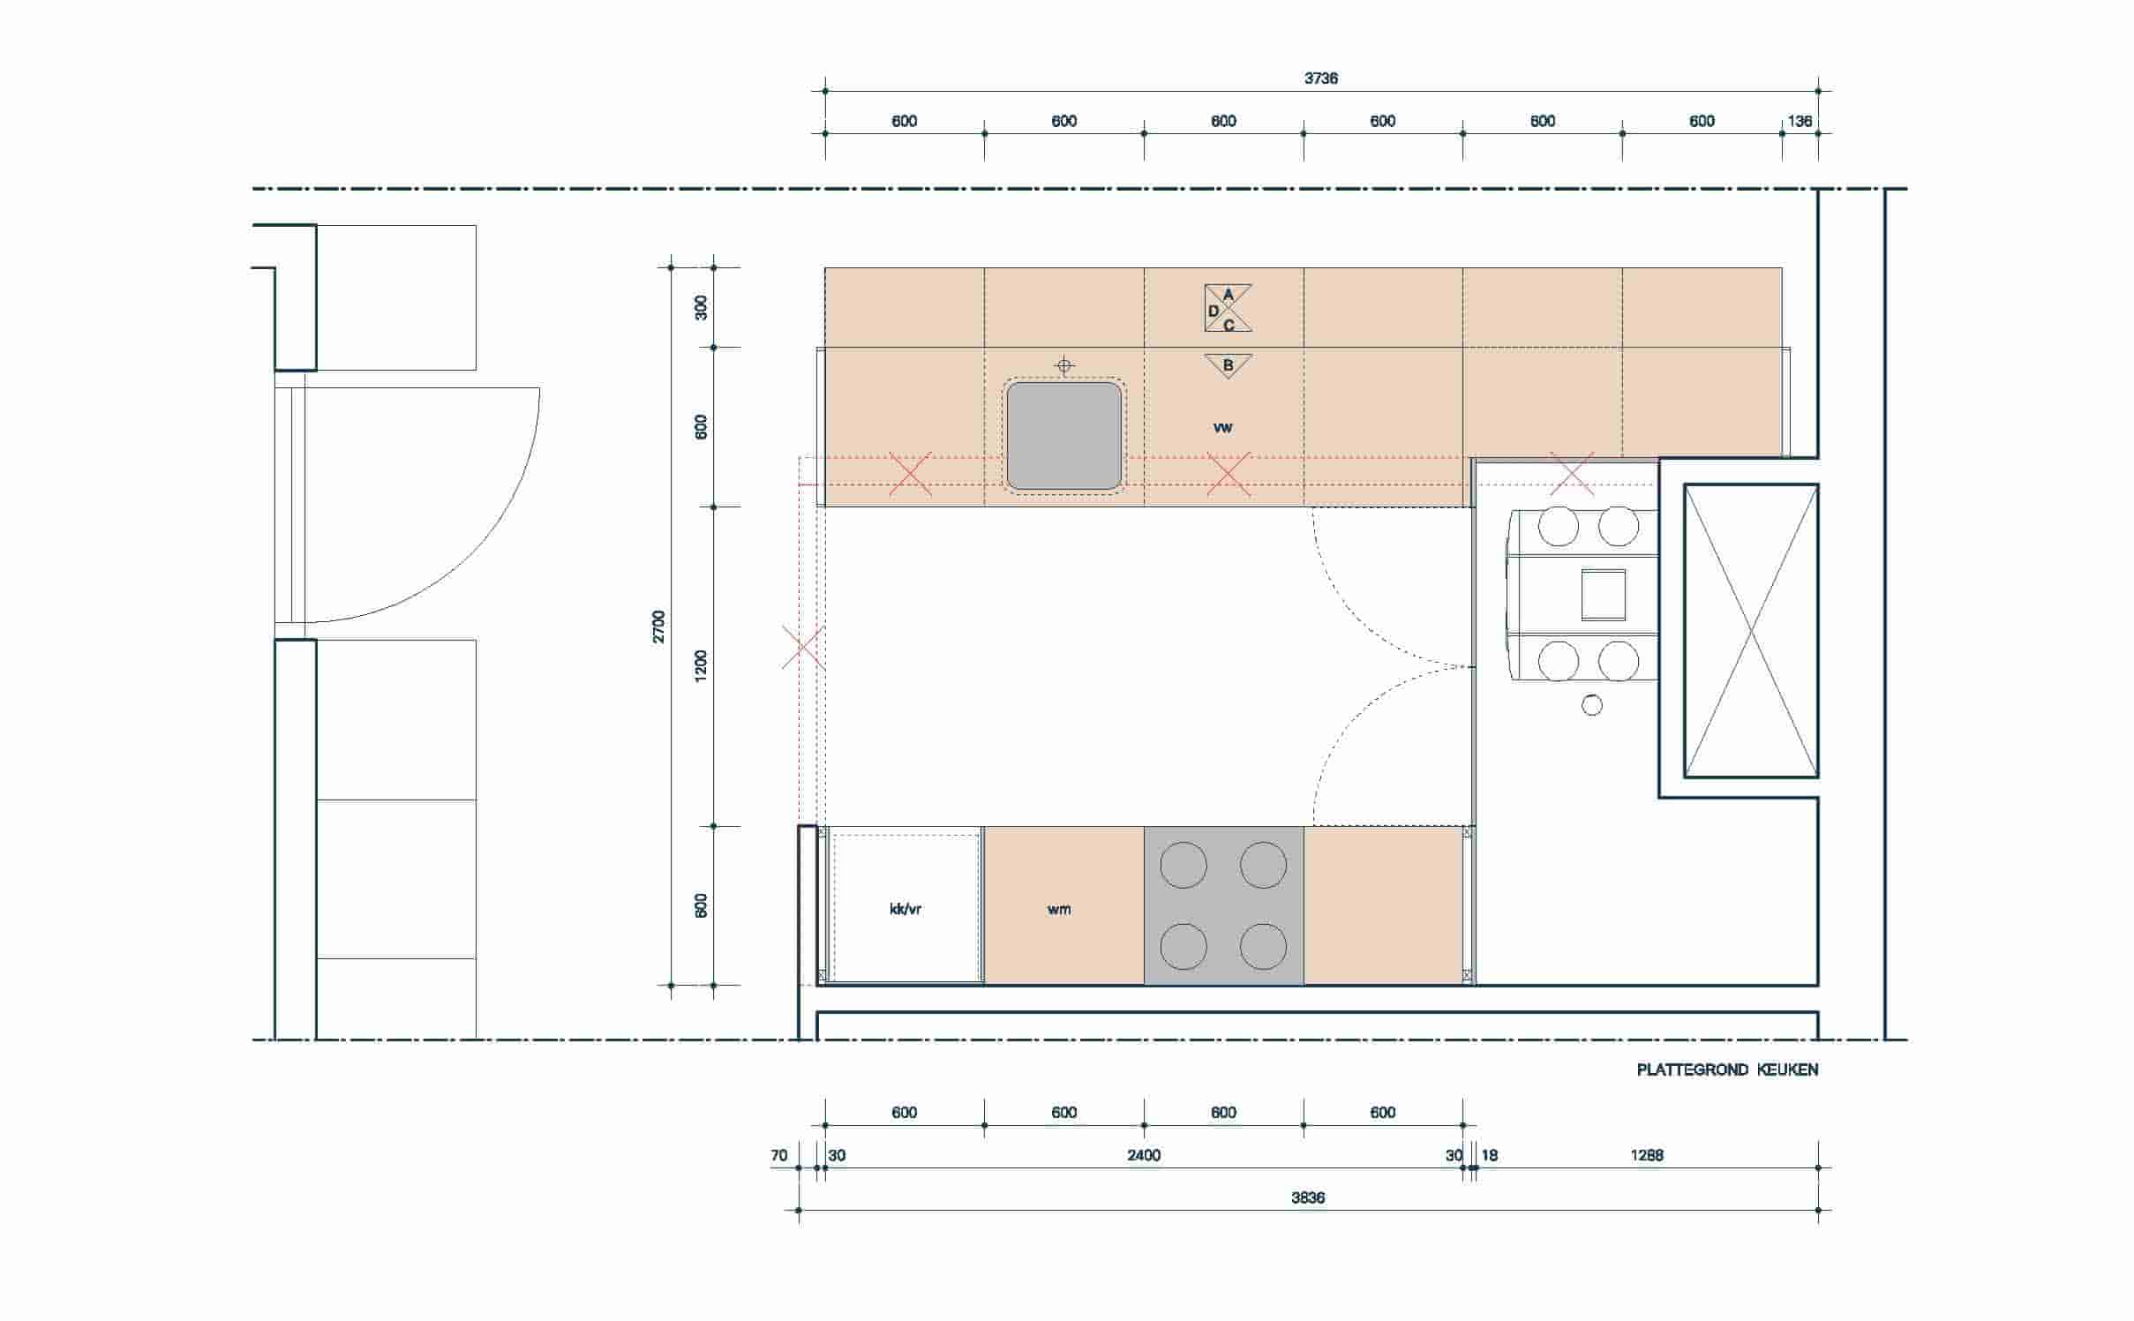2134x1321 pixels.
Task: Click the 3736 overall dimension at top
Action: click(x=1320, y=79)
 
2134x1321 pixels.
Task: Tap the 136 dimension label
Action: click(x=1800, y=122)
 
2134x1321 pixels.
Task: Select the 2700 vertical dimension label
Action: click(x=659, y=627)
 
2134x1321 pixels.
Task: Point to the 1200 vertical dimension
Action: click(x=702, y=665)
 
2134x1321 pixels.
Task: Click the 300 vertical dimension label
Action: click(x=702, y=307)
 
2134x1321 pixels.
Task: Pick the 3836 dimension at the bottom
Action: click(x=1308, y=1198)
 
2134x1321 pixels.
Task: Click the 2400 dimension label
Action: click(x=1144, y=1156)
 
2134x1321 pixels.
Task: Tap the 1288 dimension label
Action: click(x=1647, y=1156)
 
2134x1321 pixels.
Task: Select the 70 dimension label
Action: click(x=778, y=1156)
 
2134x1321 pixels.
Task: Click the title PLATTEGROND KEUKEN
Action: click(x=1727, y=1070)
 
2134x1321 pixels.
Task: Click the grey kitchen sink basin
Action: click(x=1064, y=436)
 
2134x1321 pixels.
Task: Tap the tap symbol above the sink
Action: click(x=1064, y=365)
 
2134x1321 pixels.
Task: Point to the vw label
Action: click(x=1222, y=428)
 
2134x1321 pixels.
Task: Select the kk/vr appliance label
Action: click(x=905, y=909)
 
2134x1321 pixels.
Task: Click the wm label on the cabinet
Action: click(x=1059, y=910)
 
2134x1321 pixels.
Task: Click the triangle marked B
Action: click(x=1228, y=364)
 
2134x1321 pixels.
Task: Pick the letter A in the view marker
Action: click(x=1228, y=295)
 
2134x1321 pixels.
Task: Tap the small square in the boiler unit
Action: click(x=1603, y=595)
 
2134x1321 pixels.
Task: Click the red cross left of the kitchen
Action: click(x=803, y=648)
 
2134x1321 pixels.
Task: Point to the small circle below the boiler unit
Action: click(x=1592, y=705)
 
